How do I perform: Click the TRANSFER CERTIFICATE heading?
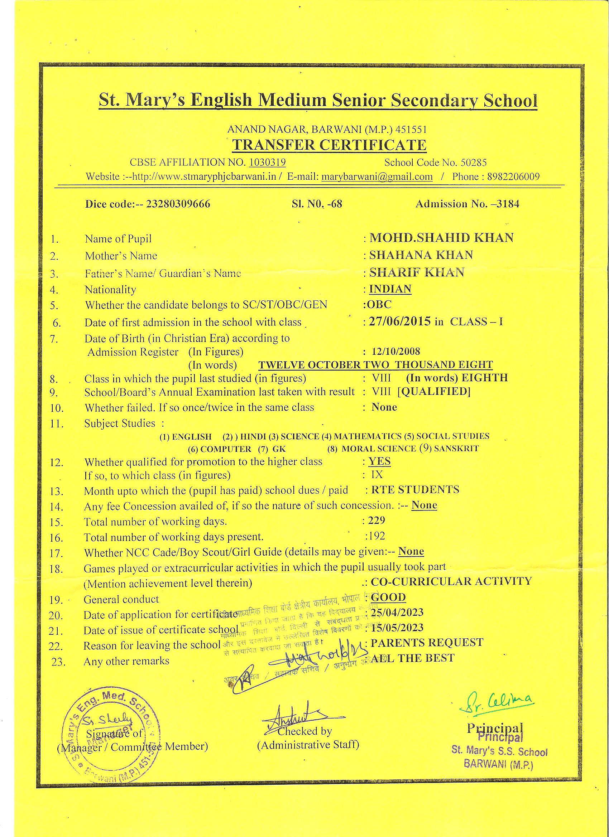(329, 145)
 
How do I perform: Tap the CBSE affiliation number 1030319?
(267, 163)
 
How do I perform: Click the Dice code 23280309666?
(178, 204)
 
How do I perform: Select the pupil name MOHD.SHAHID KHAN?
(441, 238)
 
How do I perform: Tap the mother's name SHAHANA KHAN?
(421, 255)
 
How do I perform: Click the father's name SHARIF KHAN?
(417, 272)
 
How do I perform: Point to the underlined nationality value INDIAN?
(390, 289)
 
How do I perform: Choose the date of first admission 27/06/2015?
(400, 321)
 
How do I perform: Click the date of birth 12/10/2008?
(396, 351)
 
